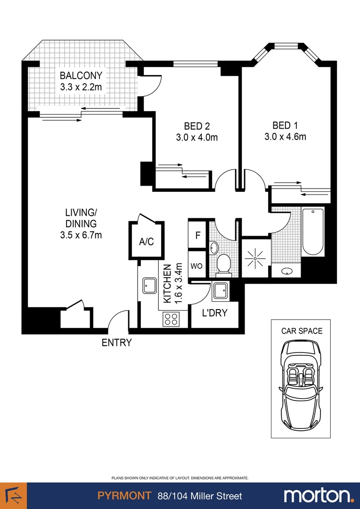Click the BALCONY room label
tap(81, 75)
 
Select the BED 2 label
tap(196, 126)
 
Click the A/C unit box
tap(146, 241)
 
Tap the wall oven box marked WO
tap(196, 266)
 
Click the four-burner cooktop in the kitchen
tap(171, 320)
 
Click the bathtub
tap(313, 231)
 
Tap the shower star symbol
tap(256, 258)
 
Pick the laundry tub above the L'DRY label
tap(220, 291)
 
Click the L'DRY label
tap(214, 313)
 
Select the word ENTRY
tap(116, 343)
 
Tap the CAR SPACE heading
tap(302, 331)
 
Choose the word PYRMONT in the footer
tap(124, 496)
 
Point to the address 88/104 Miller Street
tap(200, 496)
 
